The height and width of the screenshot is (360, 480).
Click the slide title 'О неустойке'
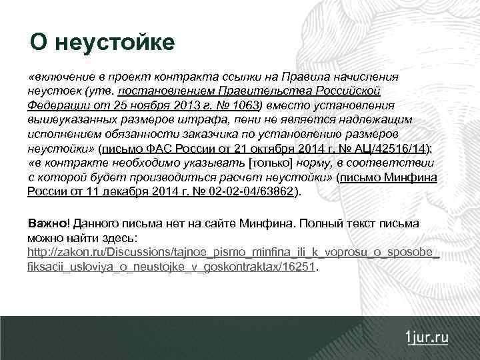pos(102,43)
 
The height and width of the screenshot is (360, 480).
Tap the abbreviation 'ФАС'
pos(157,149)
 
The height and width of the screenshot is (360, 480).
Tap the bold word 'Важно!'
pos(48,223)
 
